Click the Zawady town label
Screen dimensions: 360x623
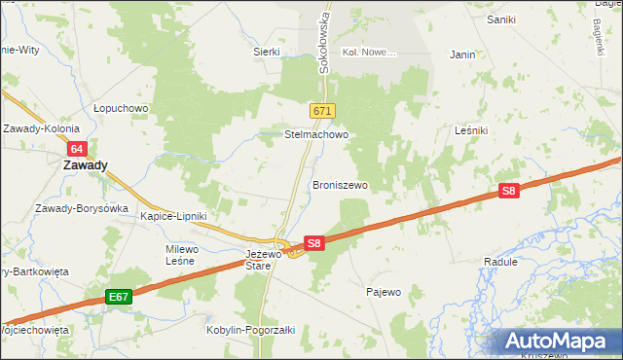[85, 165]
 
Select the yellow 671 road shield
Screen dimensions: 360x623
[323, 112]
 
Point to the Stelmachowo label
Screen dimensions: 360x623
[316, 135]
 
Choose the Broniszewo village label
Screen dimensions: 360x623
[340, 184]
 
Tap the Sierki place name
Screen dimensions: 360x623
[267, 52]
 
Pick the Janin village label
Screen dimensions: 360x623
[462, 55]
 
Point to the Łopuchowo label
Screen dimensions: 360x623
[119, 108]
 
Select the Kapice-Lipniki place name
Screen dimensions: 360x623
[173, 216]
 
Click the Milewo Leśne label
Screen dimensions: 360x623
[182, 255]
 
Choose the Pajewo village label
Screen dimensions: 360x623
[384, 292]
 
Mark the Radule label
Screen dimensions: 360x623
[499, 263]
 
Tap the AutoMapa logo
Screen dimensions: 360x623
[556, 342]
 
